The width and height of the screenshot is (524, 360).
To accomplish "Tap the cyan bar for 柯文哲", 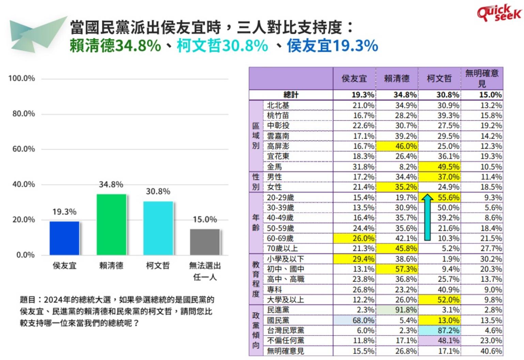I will [158, 228].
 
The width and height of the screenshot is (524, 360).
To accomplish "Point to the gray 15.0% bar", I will [205, 242].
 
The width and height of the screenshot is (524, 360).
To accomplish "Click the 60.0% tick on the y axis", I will [24, 149].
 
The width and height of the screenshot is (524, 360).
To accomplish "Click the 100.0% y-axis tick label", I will [21, 78].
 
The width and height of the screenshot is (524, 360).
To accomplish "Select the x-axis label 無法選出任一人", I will [205, 271].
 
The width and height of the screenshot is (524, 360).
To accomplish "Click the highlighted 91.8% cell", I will [397, 310].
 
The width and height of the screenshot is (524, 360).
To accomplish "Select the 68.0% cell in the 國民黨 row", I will [354, 320].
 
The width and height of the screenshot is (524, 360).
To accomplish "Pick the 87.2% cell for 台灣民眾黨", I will [440, 330].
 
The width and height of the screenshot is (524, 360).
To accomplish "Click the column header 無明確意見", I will [482, 78].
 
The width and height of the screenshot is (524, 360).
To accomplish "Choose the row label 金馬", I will [275, 167].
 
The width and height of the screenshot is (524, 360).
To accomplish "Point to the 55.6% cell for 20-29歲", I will [448, 197].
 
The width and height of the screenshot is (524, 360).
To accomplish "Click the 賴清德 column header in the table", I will [397, 78].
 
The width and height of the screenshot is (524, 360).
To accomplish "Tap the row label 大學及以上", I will [285, 300].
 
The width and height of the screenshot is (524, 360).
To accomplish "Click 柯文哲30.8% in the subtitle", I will [222, 46].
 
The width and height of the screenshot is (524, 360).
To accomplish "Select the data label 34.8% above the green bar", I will [111, 184].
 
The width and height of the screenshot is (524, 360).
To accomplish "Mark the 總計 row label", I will [291, 95].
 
